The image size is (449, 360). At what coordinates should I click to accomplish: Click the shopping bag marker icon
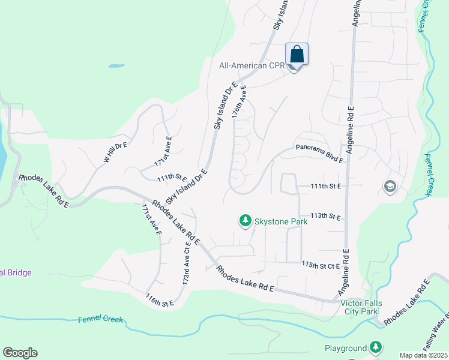click(x=297, y=54)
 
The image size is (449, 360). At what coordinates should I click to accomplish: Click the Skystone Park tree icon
click(x=245, y=221)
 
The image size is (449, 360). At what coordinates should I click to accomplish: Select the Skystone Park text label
click(x=281, y=221)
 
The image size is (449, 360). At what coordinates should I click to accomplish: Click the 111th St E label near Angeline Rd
click(x=325, y=187)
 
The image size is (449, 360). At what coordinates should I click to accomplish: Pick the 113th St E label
click(x=325, y=216)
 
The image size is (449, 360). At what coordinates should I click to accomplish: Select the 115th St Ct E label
click(x=321, y=265)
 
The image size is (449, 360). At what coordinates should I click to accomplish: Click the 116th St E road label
click(x=159, y=299)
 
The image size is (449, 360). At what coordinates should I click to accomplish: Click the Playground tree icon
click(x=375, y=347)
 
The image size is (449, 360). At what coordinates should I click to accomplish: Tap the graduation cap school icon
click(x=390, y=187)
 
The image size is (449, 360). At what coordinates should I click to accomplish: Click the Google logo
click(x=20, y=353)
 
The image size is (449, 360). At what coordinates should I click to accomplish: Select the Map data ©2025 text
click(x=423, y=355)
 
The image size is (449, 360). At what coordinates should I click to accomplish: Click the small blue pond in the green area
click(x=116, y=64)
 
